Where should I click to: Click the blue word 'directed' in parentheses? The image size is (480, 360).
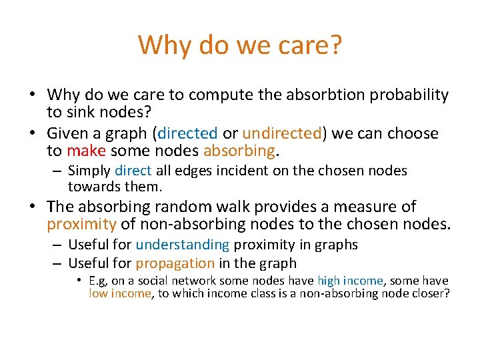click(x=187, y=133)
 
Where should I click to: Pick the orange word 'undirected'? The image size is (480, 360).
click(x=282, y=133)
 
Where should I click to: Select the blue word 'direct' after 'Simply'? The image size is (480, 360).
click(x=133, y=171)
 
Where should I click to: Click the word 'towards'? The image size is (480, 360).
click(x=91, y=187)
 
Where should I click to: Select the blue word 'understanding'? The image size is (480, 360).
click(x=182, y=245)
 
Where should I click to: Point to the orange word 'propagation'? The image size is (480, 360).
click(x=175, y=263)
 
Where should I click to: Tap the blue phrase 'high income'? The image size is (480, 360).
click(x=349, y=281)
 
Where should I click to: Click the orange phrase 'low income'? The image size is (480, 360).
click(x=120, y=294)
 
